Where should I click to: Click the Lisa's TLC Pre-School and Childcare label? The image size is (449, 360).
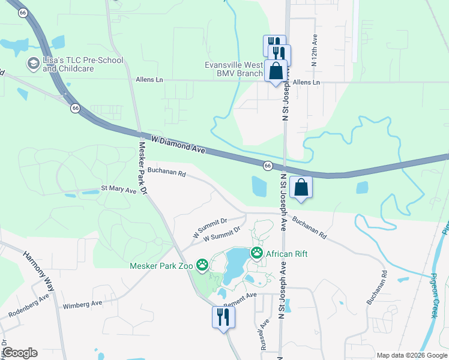83,64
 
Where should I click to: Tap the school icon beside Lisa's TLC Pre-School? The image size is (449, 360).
33,63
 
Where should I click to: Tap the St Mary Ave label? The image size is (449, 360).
118,189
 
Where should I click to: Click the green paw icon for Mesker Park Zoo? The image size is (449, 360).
202,264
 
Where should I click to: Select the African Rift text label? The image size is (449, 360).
287,254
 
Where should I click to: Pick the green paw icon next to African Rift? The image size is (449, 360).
257,253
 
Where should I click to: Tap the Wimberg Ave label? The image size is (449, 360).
83,304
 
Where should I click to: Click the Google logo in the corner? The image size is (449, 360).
19,353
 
